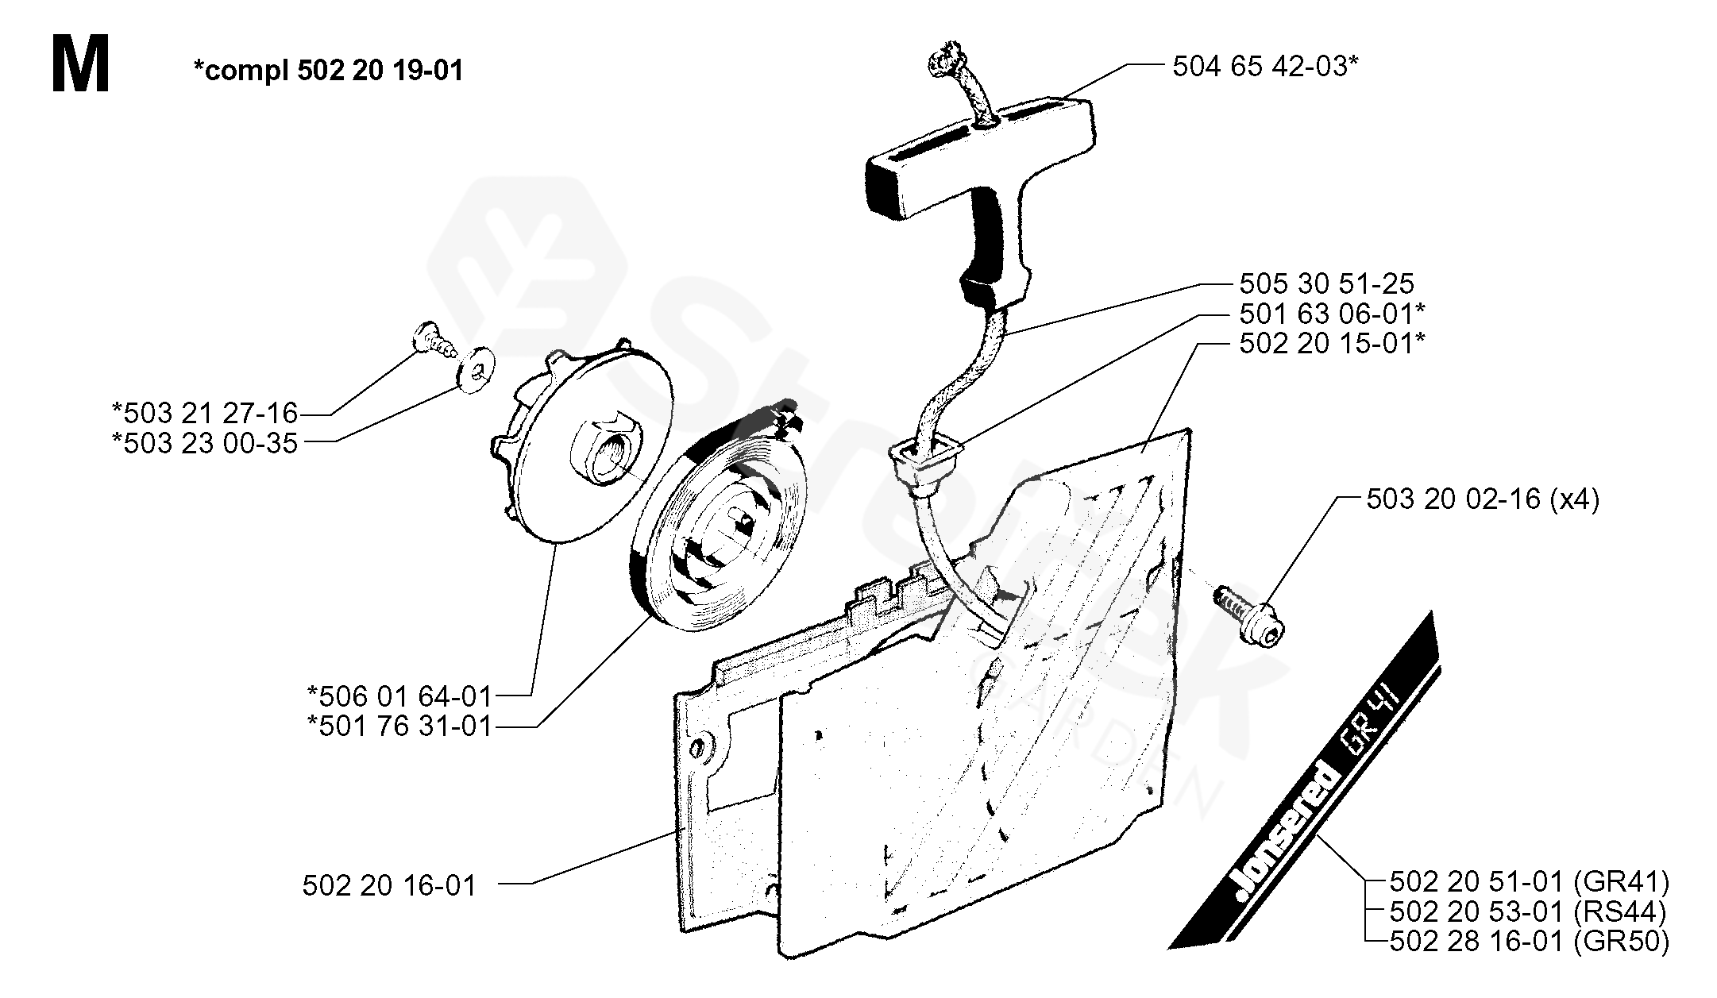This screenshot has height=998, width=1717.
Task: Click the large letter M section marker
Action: coord(80,67)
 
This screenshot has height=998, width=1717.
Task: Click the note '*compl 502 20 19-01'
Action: coord(328,71)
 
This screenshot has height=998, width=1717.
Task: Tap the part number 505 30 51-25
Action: coord(1326,283)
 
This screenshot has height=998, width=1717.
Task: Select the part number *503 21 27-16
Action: coord(205,413)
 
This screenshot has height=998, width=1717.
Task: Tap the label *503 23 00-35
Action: coord(205,443)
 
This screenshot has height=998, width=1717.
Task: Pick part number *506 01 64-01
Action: coord(399,696)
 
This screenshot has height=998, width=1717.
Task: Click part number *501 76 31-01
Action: coord(399,726)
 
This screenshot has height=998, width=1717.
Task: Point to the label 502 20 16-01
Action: coord(389,885)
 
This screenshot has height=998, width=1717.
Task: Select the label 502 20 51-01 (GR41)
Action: coord(1530,882)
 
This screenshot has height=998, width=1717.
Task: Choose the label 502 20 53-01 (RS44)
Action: coord(1528,911)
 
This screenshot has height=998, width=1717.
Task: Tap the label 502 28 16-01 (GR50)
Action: coord(1530,942)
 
